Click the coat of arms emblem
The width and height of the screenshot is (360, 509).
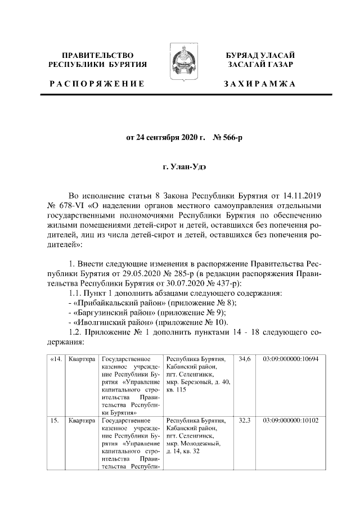click(x=180, y=61)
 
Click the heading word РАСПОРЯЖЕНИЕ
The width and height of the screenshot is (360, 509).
click(x=97, y=83)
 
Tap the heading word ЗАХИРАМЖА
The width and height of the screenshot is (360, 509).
click(x=259, y=83)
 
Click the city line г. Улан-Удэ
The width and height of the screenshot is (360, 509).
click(x=179, y=167)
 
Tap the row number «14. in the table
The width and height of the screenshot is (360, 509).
click(x=56, y=358)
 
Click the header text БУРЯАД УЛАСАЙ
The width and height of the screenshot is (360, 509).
click(x=259, y=55)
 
